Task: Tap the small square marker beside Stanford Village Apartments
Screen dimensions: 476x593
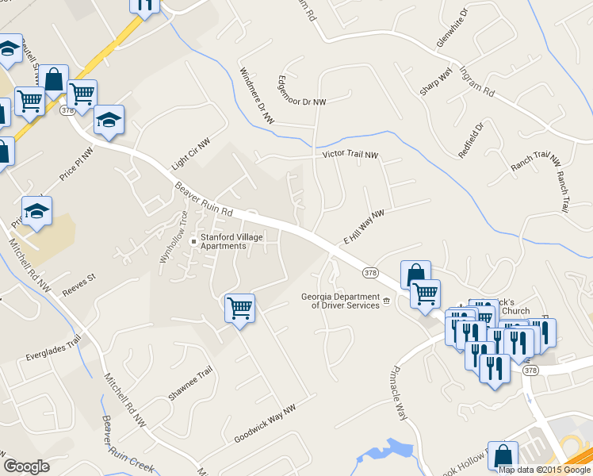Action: (x=193, y=242)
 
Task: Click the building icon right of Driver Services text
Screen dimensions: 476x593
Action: (x=387, y=301)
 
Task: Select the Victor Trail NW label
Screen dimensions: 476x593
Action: (x=350, y=155)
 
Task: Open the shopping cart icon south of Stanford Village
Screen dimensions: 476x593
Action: (x=239, y=308)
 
